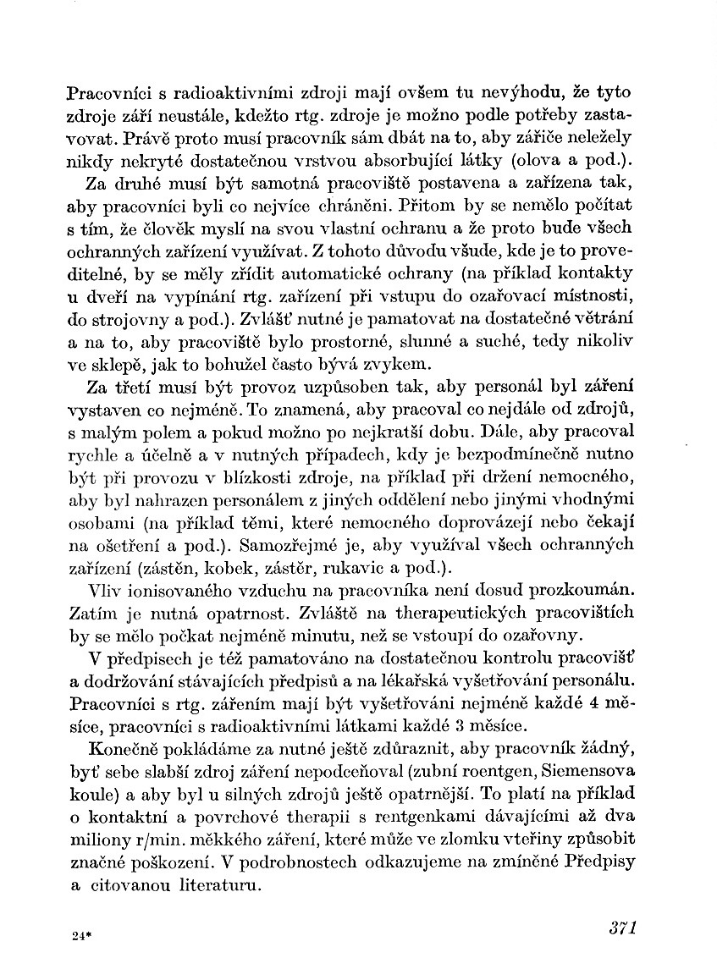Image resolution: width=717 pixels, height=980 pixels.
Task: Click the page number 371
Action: coord(621,926)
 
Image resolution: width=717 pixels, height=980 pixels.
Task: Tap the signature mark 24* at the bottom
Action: coord(81,935)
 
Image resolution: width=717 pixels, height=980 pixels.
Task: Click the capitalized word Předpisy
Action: coord(598,859)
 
